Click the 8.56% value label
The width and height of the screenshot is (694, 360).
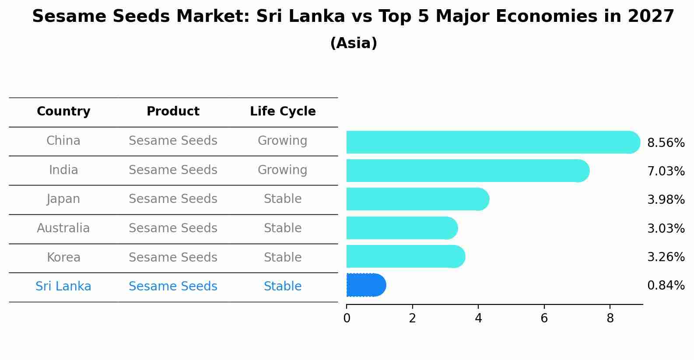(x=666, y=143)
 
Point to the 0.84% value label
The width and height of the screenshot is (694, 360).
(x=666, y=286)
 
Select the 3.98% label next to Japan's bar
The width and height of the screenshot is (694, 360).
(x=666, y=200)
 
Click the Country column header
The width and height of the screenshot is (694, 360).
(x=63, y=112)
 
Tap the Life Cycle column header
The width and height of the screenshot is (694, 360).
(x=283, y=112)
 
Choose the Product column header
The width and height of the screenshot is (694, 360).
(x=173, y=112)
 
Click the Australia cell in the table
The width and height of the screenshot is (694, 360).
(x=63, y=228)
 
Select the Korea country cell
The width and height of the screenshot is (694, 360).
(x=63, y=257)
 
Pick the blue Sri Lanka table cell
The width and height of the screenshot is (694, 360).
(x=63, y=287)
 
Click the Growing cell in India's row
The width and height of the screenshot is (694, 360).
(x=282, y=170)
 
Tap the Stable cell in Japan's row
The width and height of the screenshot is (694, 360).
(x=282, y=199)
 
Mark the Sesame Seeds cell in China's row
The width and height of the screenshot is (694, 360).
(x=173, y=141)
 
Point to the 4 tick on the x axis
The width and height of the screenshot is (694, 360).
(x=478, y=318)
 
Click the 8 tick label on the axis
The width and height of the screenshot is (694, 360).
(x=610, y=318)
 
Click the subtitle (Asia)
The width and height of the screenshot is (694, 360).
(x=354, y=43)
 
